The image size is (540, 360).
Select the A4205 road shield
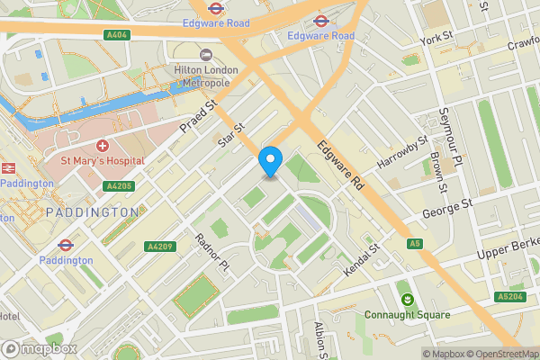pyautogui.click(x=119, y=186)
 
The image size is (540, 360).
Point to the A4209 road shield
pyautogui.click(x=159, y=246)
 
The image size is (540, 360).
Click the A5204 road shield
pyautogui.click(x=508, y=297)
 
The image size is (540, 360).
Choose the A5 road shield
pyautogui.click(x=414, y=244)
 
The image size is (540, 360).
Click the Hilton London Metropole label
pyautogui.click(x=205, y=76)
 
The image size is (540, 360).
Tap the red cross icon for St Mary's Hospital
pyautogui.click(x=102, y=146)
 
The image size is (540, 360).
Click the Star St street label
pyautogui.click(x=232, y=137)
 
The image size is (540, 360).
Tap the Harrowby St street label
pyautogui.click(x=402, y=149)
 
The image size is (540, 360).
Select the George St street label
pyautogui.click(x=447, y=211)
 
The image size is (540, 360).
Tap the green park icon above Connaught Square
pyautogui.click(x=407, y=298)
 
